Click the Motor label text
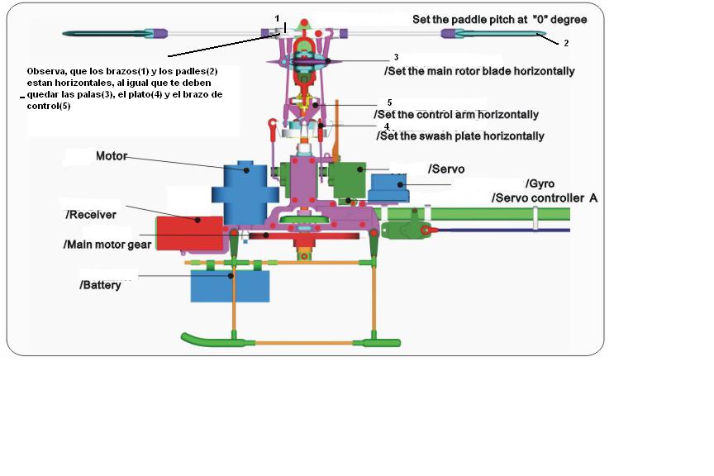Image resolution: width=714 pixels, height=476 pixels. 111,156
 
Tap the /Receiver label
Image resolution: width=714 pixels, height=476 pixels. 91,215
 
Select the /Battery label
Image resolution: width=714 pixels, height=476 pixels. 100,285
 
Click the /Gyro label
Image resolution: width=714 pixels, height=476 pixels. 540,183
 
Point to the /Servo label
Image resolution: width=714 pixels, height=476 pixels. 446,169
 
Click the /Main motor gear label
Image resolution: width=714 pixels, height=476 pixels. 107,245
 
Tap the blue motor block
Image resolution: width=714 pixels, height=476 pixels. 245,193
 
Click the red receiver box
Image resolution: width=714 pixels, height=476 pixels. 189,233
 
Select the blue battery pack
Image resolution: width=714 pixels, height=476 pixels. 230,286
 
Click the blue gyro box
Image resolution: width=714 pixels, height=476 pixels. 389,188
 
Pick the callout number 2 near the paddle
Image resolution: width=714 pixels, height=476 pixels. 566,43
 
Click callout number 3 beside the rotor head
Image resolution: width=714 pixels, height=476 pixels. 396,57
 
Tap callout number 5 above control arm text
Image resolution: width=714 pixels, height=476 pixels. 389,102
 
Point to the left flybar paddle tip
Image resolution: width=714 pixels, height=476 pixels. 64,33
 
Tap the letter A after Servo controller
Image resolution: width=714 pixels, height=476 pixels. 593,198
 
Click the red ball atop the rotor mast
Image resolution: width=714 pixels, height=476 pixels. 304,22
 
